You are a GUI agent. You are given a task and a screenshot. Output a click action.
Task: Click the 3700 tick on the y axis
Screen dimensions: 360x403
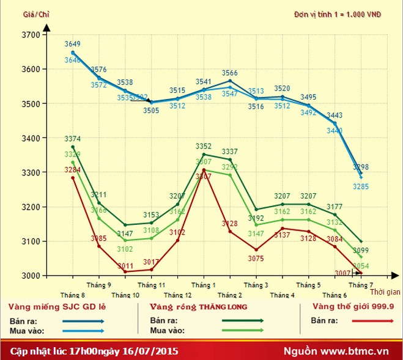click(31, 35)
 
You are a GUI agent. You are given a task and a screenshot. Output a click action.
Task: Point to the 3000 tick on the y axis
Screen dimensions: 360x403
click(31, 276)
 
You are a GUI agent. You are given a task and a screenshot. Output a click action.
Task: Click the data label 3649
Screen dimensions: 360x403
click(73, 44)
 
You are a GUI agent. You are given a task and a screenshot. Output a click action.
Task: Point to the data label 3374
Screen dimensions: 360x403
click(73, 139)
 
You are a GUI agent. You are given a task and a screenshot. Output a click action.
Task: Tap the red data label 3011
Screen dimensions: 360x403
click(125, 266)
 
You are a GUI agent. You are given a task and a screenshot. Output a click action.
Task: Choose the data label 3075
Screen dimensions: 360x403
click(256, 259)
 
